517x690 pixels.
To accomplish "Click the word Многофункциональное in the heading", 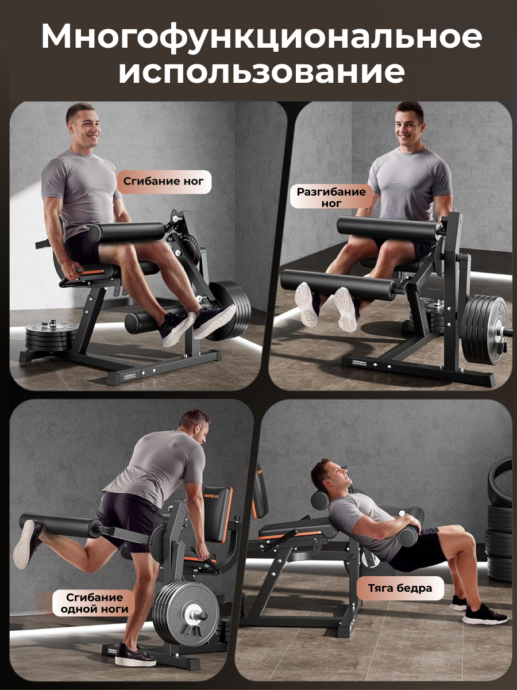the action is click(x=261, y=37).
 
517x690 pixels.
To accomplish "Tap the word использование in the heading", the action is click(x=261, y=72).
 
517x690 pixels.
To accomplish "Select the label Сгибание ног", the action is click(x=164, y=181).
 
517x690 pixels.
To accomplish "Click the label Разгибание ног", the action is click(x=331, y=197).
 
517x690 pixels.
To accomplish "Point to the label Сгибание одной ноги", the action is click(x=94, y=603).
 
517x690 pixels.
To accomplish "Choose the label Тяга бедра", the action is click(x=400, y=588).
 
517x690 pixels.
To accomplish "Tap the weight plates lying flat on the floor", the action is click(x=50, y=336).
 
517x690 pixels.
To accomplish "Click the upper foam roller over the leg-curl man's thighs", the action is click(x=127, y=232).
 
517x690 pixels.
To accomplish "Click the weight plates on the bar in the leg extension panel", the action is click(x=484, y=329).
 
